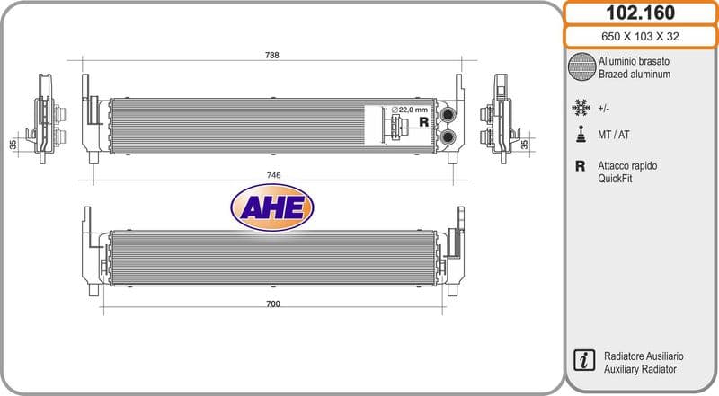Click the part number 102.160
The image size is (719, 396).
coord(640,13)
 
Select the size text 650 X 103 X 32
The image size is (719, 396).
coord(640,37)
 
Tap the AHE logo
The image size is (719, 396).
coord(272,207)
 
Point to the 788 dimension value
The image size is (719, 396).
coord(272,55)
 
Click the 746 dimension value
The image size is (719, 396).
coord(273,175)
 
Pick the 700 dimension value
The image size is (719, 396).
coord(273,304)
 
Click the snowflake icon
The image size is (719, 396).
coord(581,108)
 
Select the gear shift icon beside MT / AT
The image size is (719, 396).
coord(581,134)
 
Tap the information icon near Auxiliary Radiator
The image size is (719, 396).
coord(584,360)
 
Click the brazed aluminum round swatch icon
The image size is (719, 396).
coord(581,67)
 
